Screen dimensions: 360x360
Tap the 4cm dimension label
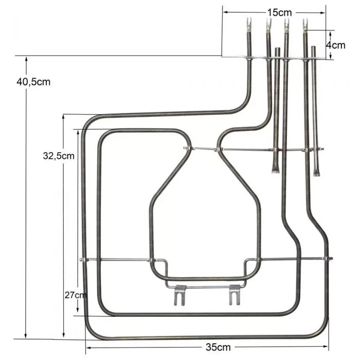336,45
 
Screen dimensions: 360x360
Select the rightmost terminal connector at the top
305,24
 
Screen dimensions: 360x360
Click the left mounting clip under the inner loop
178,296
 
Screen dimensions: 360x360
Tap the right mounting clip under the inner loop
235,296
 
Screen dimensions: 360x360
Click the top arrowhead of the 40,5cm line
25,58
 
